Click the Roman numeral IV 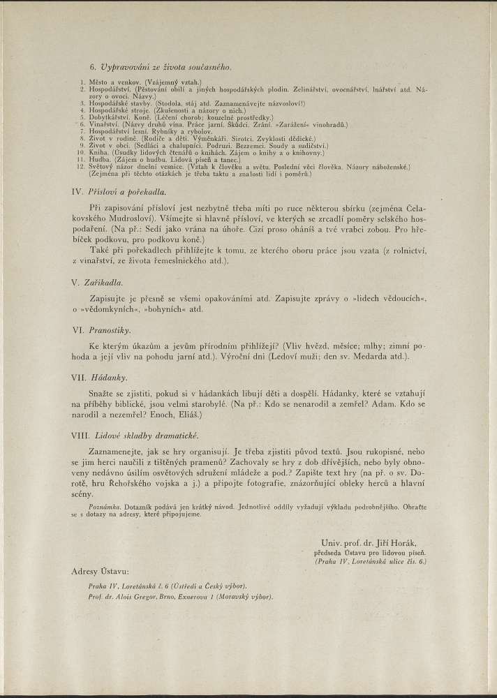[x=78, y=191]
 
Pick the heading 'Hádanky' [x=107, y=377]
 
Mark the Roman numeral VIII [x=81, y=436]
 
